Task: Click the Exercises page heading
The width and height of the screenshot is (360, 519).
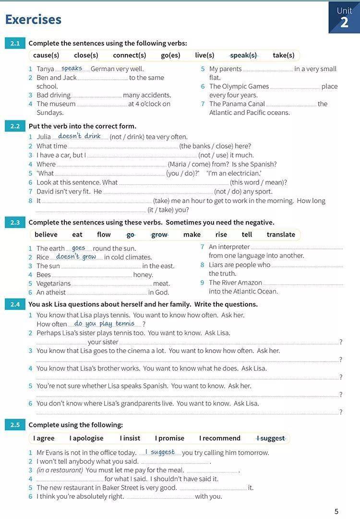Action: pos(33,19)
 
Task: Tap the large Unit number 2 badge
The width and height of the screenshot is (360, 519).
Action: pos(344,22)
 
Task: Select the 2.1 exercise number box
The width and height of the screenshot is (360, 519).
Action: pos(15,43)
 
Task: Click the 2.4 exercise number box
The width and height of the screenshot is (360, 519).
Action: pos(15,304)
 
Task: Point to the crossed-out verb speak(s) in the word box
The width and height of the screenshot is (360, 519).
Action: pos(243,55)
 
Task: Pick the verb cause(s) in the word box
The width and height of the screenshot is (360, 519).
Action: pos(46,55)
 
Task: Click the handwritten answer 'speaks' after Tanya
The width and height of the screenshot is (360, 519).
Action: pos(72,69)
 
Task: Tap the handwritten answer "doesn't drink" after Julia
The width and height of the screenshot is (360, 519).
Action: pos(79,136)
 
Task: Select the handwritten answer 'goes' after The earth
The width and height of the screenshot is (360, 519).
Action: pos(78,248)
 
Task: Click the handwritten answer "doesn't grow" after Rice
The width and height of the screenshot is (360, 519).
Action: pos(76,257)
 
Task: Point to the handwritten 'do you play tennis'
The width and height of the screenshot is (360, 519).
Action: pos(104,324)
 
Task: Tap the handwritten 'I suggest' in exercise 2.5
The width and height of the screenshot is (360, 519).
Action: pos(160,452)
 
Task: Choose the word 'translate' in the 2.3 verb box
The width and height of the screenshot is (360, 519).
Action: pos(281,235)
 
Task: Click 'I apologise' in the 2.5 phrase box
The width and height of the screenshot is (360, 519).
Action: pos(86,438)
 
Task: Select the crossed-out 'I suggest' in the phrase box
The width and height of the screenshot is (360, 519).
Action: pos(271,438)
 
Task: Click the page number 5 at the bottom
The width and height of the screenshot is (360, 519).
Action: pos(336,511)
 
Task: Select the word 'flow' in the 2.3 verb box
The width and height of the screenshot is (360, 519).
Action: pos(104,235)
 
